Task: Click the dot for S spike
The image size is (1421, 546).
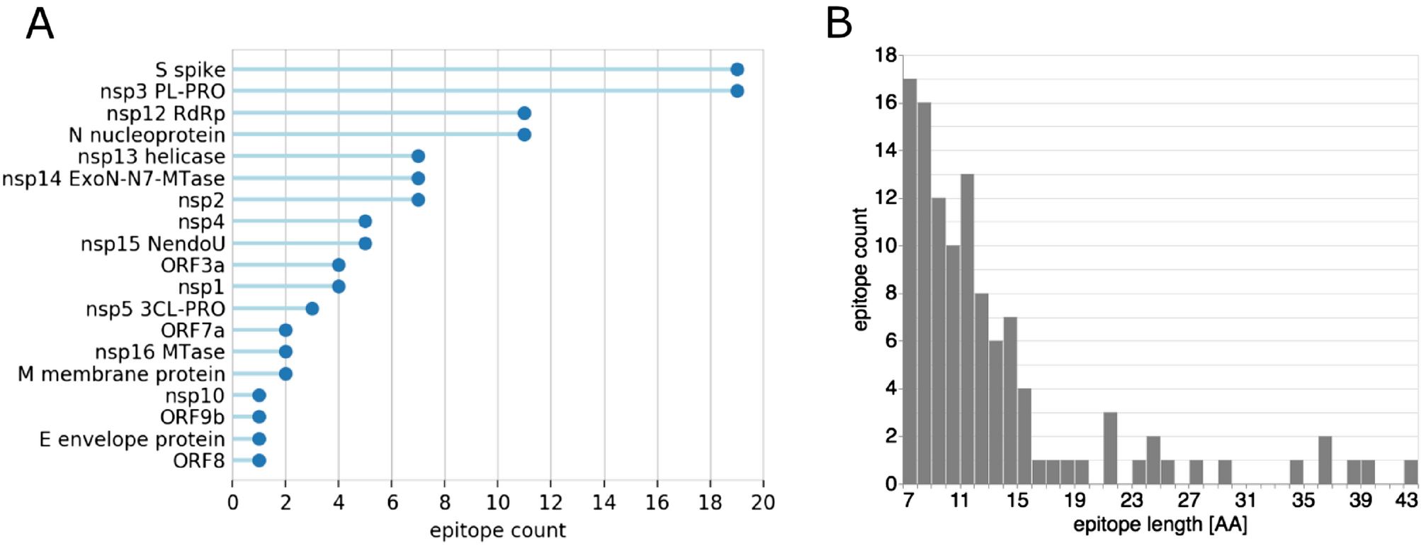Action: coord(737,69)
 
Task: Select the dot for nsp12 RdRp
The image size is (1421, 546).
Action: coord(524,113)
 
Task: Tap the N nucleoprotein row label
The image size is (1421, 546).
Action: coord(147,135)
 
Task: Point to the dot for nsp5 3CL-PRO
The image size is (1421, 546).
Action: coord(312,308)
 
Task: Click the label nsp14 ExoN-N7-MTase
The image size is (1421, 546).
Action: coord(113,179)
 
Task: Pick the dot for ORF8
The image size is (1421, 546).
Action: coord(259,461)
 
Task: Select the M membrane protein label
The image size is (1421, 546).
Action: coord(121,374)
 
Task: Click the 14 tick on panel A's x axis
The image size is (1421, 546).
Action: coord(604,503)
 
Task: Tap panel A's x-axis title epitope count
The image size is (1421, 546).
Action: coord(497,530)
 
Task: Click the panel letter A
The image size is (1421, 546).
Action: coord(40,24)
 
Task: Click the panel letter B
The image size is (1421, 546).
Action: coord(839,24)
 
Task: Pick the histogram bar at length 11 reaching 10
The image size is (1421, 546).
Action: coord(953,364)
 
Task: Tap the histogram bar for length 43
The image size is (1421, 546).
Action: coord(1411,472)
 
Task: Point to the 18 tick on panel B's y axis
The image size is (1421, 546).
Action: coord(886,55)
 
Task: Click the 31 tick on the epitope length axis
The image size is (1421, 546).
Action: coord(1246,501)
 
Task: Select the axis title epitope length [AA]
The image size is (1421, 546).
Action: coord(1160,525)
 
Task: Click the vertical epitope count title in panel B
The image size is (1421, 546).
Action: coord(860,269)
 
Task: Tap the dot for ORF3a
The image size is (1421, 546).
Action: coord(339,265)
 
